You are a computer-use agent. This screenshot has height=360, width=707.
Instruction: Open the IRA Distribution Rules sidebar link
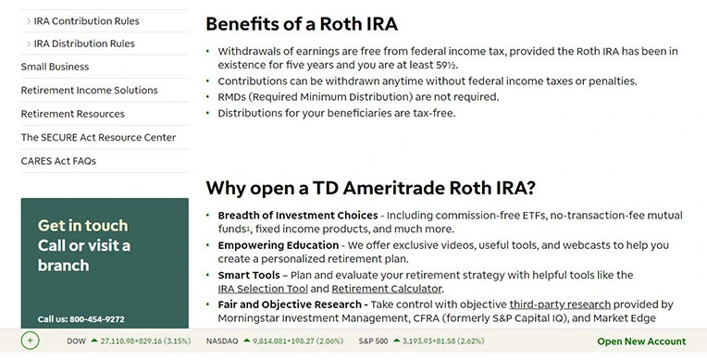[x=84, y=43]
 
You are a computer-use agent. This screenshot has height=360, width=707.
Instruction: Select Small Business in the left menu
[x=55, y=67]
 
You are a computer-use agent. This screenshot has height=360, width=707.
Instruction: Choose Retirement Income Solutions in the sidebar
[x=89, y=91]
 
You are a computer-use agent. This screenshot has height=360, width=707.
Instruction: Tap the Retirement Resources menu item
[x=72, y=114]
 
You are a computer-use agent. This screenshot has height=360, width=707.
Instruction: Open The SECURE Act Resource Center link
[x=98, y=138]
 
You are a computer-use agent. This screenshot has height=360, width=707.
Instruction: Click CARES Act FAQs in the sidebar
[x=58, y=161]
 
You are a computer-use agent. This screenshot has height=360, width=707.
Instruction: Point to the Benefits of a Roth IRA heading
[x=302, y=24]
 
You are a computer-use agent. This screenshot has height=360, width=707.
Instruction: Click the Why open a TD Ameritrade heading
[x=370, y=188]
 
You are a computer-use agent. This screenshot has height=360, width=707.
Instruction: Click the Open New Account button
[x=641, y=341]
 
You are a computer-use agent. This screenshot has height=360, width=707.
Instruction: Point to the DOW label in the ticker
[x=76, y=341]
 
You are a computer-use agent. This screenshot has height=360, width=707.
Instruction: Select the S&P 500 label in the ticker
[x=374, y=341]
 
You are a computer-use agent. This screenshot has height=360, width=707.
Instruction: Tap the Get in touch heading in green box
[x=83, y=225]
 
